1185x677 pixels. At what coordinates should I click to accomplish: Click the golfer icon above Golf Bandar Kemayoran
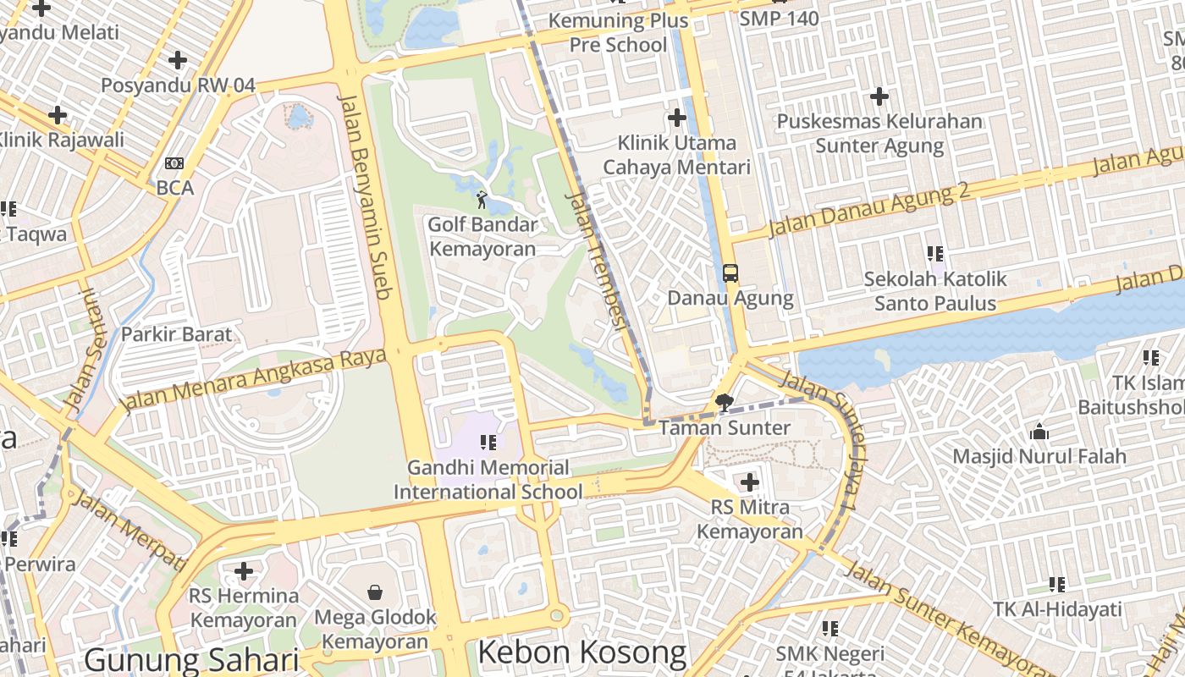point(482,200)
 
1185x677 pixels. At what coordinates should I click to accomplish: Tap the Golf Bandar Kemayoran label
point(482,237)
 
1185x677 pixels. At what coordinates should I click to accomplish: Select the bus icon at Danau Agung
point(730,273)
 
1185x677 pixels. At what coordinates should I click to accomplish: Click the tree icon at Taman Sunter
point(724,403)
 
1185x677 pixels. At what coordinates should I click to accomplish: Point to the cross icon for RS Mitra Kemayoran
point(749,482)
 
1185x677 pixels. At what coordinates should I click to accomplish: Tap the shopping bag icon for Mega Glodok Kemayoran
point(375,592)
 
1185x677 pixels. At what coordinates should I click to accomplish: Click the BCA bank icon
point(174,163)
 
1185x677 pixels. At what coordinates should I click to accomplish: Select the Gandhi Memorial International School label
point(488,479)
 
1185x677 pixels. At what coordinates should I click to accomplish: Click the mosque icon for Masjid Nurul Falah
point(1039,432)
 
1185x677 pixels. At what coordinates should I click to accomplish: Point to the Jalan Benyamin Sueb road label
point(365,196)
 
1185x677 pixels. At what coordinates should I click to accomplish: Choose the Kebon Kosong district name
point(582,652)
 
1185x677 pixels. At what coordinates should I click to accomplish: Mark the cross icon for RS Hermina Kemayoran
point(244,571)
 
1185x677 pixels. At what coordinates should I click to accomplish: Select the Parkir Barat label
point(176,334)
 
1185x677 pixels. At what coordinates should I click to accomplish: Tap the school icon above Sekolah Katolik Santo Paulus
point(935,253)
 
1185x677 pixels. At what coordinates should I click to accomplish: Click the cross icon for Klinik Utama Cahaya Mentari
point(676,118)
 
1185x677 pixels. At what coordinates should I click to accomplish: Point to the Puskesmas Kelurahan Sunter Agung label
point(879,134)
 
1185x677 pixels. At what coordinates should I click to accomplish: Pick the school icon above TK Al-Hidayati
point(1057,584)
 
